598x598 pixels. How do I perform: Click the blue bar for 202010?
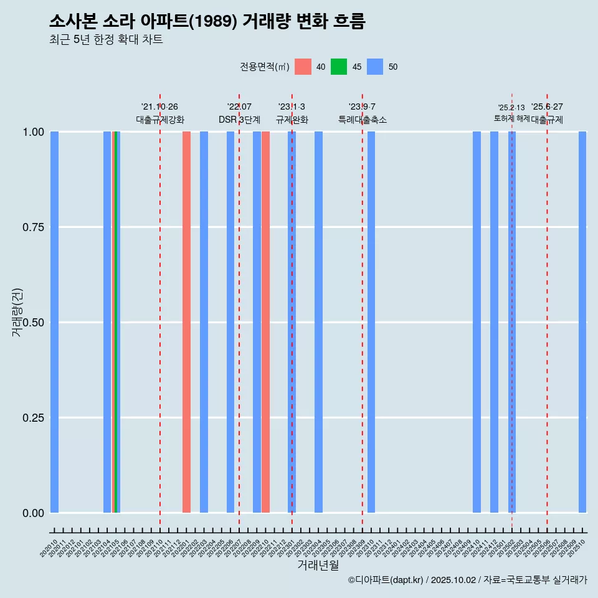click(x=54, y=322)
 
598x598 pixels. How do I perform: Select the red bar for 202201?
click(x=186, y=322)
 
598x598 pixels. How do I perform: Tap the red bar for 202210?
click(x=265, y=322)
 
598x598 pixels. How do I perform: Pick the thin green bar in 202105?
click(x=116, y=322)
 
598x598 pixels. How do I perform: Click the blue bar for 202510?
click(x=582, y=322)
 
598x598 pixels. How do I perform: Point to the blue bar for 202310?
click(x=371, y=322)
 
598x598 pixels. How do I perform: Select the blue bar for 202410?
click(x=477, y=322)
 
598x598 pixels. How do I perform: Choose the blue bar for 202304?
click(x=318, y=322)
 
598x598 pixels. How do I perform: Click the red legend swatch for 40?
click(x=303, y=67)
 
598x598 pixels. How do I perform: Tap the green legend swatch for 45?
click(x=339, y=67)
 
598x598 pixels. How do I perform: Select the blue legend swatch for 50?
click(x=375, y=67)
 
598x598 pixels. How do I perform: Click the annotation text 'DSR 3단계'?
click(x=239, y=120)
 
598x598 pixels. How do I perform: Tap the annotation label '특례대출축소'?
click(x=363, y=120)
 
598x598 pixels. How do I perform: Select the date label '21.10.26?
click(x=159, y=107)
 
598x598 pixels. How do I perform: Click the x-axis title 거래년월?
click(x=318, y=565)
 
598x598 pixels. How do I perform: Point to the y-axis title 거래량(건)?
click(x=17, y=313)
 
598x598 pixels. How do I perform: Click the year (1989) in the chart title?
click(x=212, y=22)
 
